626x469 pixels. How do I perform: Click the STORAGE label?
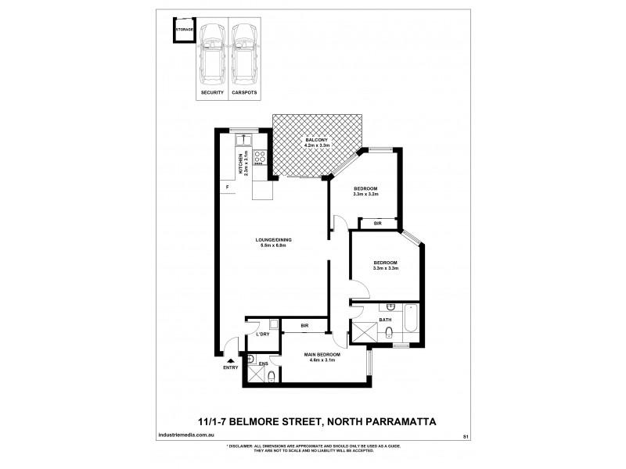(x=185, y=29)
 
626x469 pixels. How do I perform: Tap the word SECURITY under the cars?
(x=212, y=93)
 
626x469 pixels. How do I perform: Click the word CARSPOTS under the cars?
(x=244, y=93)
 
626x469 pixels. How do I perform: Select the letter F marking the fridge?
(x=227, y=188)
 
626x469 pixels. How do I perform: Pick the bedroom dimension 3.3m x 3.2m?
(x=365, y=195)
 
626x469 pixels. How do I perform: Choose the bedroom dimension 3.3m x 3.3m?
(x=386, y=268)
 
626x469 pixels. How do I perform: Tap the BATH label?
(x=385, y=319)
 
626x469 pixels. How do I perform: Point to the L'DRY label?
(x=263, y=335)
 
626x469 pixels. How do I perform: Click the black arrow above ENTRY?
(x=230, y=360)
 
